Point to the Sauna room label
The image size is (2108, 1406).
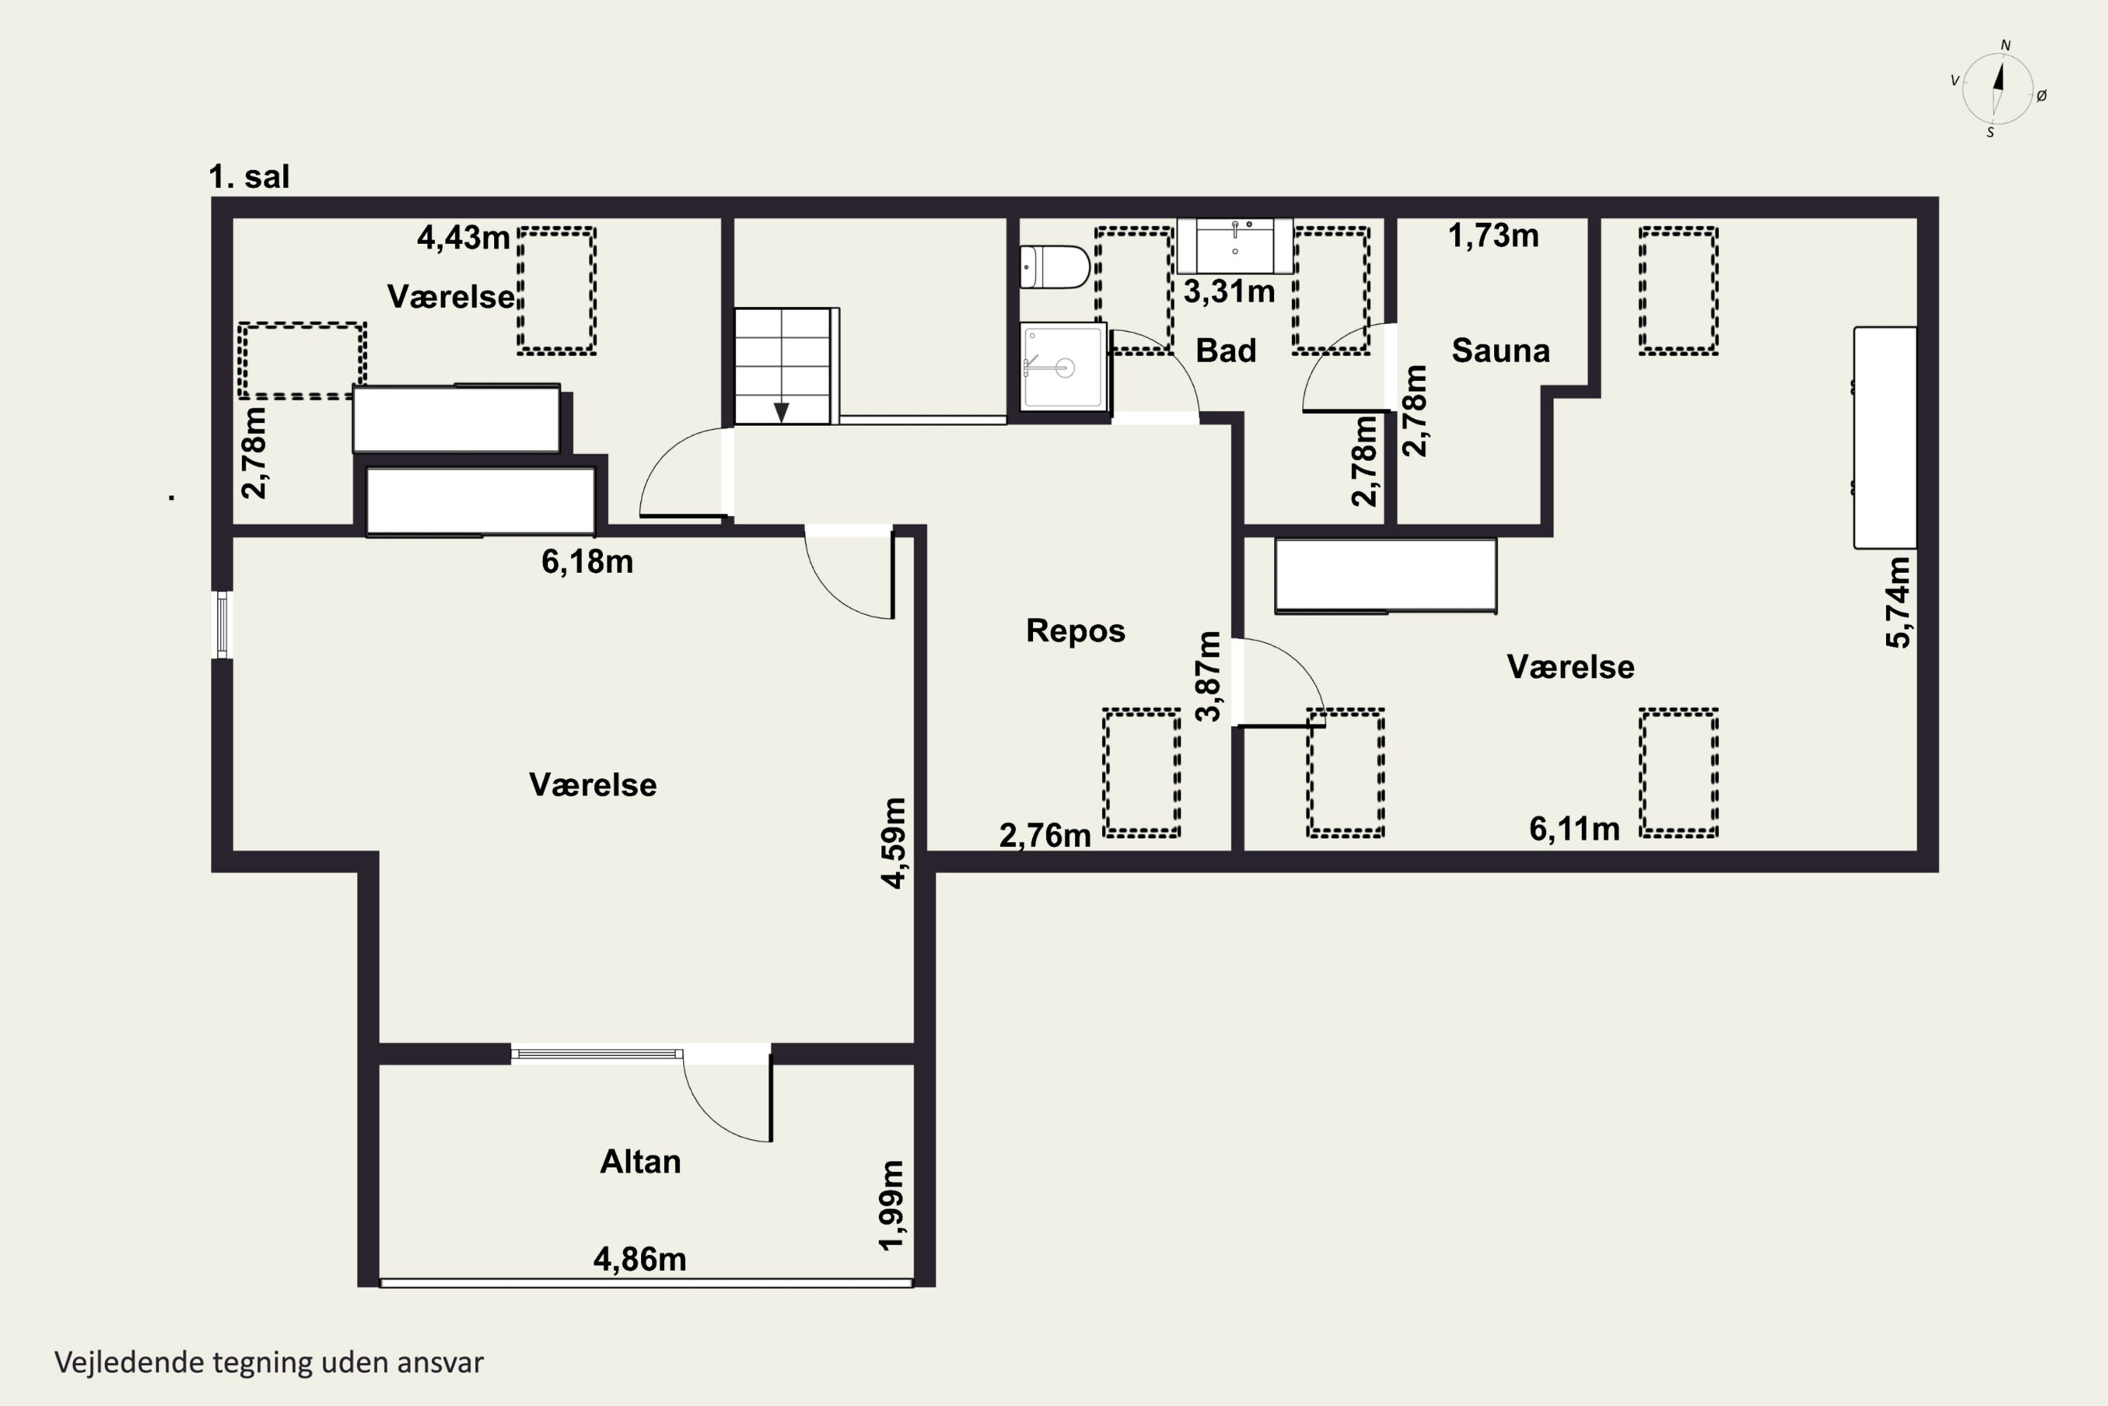[1500, 351]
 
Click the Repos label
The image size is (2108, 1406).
[1076, 631]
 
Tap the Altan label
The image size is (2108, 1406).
[640, 1162]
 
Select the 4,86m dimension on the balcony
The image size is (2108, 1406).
[640, 1259]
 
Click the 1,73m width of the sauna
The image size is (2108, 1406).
[1493, 236]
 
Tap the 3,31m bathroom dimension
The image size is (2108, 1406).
[1229, 292]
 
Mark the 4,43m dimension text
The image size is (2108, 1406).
[463, 238]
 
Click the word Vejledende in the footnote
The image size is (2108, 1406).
[129, 1363]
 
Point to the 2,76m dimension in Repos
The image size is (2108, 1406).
[1045, 836]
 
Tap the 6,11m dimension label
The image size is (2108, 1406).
[1575, 830]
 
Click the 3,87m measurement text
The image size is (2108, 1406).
[1208, 676]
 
